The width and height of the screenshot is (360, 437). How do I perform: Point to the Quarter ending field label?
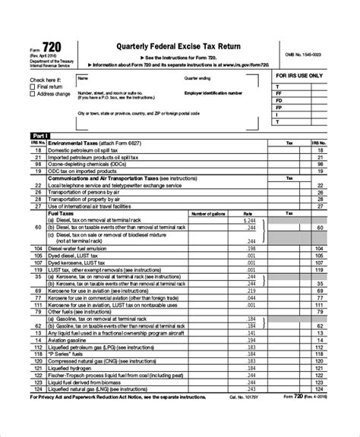(x=199, y=78)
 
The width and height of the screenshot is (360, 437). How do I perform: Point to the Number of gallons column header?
(x=210, y=214)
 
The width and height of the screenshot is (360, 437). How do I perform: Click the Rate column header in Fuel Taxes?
(x=247, y=214)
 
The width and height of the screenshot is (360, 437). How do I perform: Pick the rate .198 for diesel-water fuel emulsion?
(x=251, y=250)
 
